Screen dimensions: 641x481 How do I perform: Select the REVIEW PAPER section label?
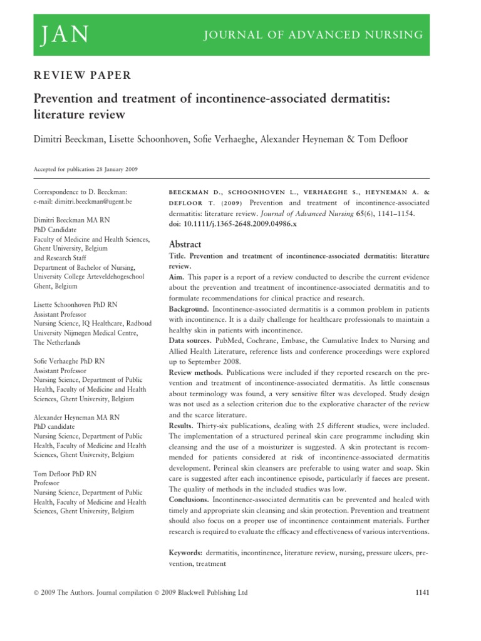[81, 76]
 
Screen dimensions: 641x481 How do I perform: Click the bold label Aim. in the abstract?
[178, 276]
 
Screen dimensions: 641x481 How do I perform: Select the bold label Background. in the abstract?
[189, 309]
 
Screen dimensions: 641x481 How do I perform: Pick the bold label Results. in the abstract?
[182, 426]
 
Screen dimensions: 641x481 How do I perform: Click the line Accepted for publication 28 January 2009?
[85, 169]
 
